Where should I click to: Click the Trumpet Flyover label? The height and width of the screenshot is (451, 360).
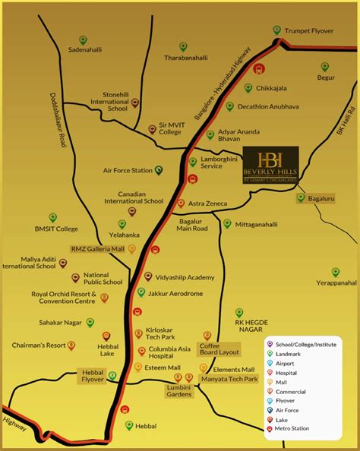[310, 31]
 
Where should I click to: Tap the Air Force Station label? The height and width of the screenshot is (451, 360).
[128, 171]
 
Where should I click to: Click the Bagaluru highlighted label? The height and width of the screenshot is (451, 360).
[321, 198]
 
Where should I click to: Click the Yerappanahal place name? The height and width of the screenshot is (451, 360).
[336, 282]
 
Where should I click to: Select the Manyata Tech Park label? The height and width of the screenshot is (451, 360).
[229, 378]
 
